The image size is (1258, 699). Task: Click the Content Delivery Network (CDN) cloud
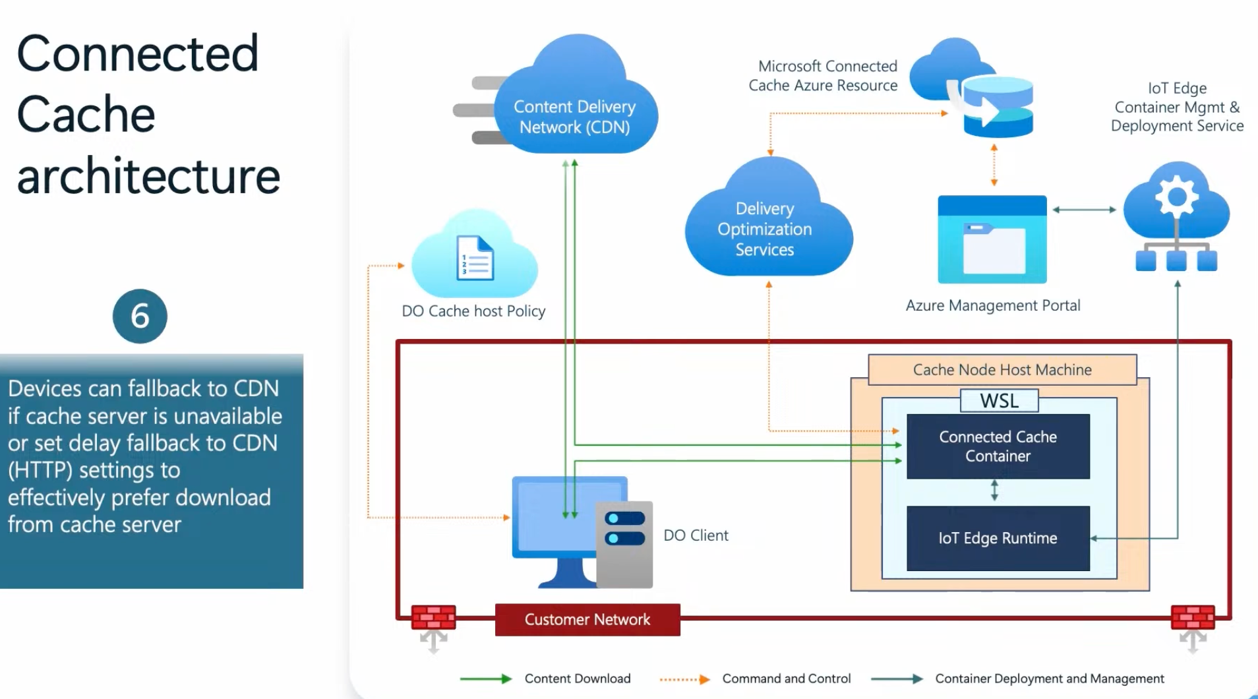pos(574,106)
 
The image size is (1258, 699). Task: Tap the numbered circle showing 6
pos(140,316)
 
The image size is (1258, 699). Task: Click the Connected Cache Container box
pos(998,446)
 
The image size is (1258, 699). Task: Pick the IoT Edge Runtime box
pos(998,538)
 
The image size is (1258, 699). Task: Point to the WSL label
pos(999,400)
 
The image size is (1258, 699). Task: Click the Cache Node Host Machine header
pos(1002,370)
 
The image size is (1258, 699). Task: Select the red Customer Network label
pos(587,620)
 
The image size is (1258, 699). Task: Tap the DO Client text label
pos(696,535)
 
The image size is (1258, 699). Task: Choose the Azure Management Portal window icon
pos(992,240)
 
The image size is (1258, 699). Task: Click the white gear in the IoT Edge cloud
pos(1177,197)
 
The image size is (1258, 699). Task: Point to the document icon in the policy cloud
pos(475,258)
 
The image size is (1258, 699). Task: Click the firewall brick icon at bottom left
pos(433,617)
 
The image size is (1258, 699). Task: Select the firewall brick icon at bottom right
pos(1192,617)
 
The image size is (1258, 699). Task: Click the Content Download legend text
pos(578,679)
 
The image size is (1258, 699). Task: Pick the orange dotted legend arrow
pos(684,679)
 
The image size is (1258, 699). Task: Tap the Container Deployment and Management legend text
pos(1049,679)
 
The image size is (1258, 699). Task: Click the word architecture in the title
pos(148,176)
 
